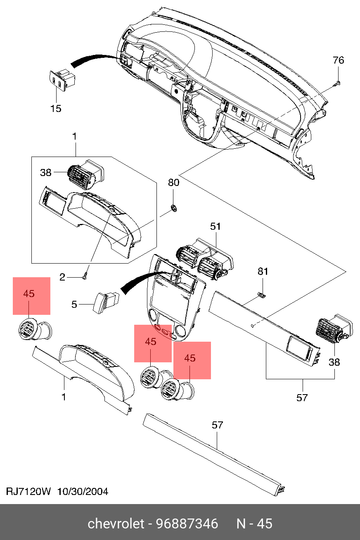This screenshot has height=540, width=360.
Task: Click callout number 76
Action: [338, 60]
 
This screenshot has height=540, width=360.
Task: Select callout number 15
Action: [56, 109]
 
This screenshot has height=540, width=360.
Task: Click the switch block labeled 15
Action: [62, 80]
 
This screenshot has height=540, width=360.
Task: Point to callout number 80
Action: [174, 183]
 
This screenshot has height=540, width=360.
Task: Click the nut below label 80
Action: [173, 207]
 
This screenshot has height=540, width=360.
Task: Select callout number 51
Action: [216, 226]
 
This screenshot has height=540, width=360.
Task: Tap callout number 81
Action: [263, 271]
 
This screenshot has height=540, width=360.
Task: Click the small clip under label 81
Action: [261, 295]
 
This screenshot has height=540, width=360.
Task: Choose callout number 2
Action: [62, 277]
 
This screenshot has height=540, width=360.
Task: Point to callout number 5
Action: [74, 304]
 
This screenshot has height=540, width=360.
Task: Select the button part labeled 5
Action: [106, 302]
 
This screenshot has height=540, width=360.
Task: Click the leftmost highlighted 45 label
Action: [29, 294]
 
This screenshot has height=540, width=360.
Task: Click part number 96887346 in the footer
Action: [187, 523]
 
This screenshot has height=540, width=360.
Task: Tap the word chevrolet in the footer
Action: [116, 523]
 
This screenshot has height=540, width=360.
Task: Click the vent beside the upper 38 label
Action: [86, 174]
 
